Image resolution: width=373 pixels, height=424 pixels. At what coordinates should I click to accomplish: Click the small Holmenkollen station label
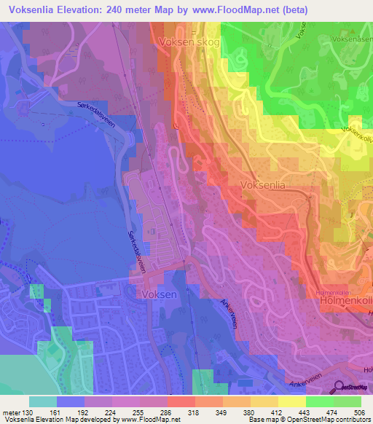333,292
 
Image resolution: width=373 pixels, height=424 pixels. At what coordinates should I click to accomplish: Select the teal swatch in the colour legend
43,401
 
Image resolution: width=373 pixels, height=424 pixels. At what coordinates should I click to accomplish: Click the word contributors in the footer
350,419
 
